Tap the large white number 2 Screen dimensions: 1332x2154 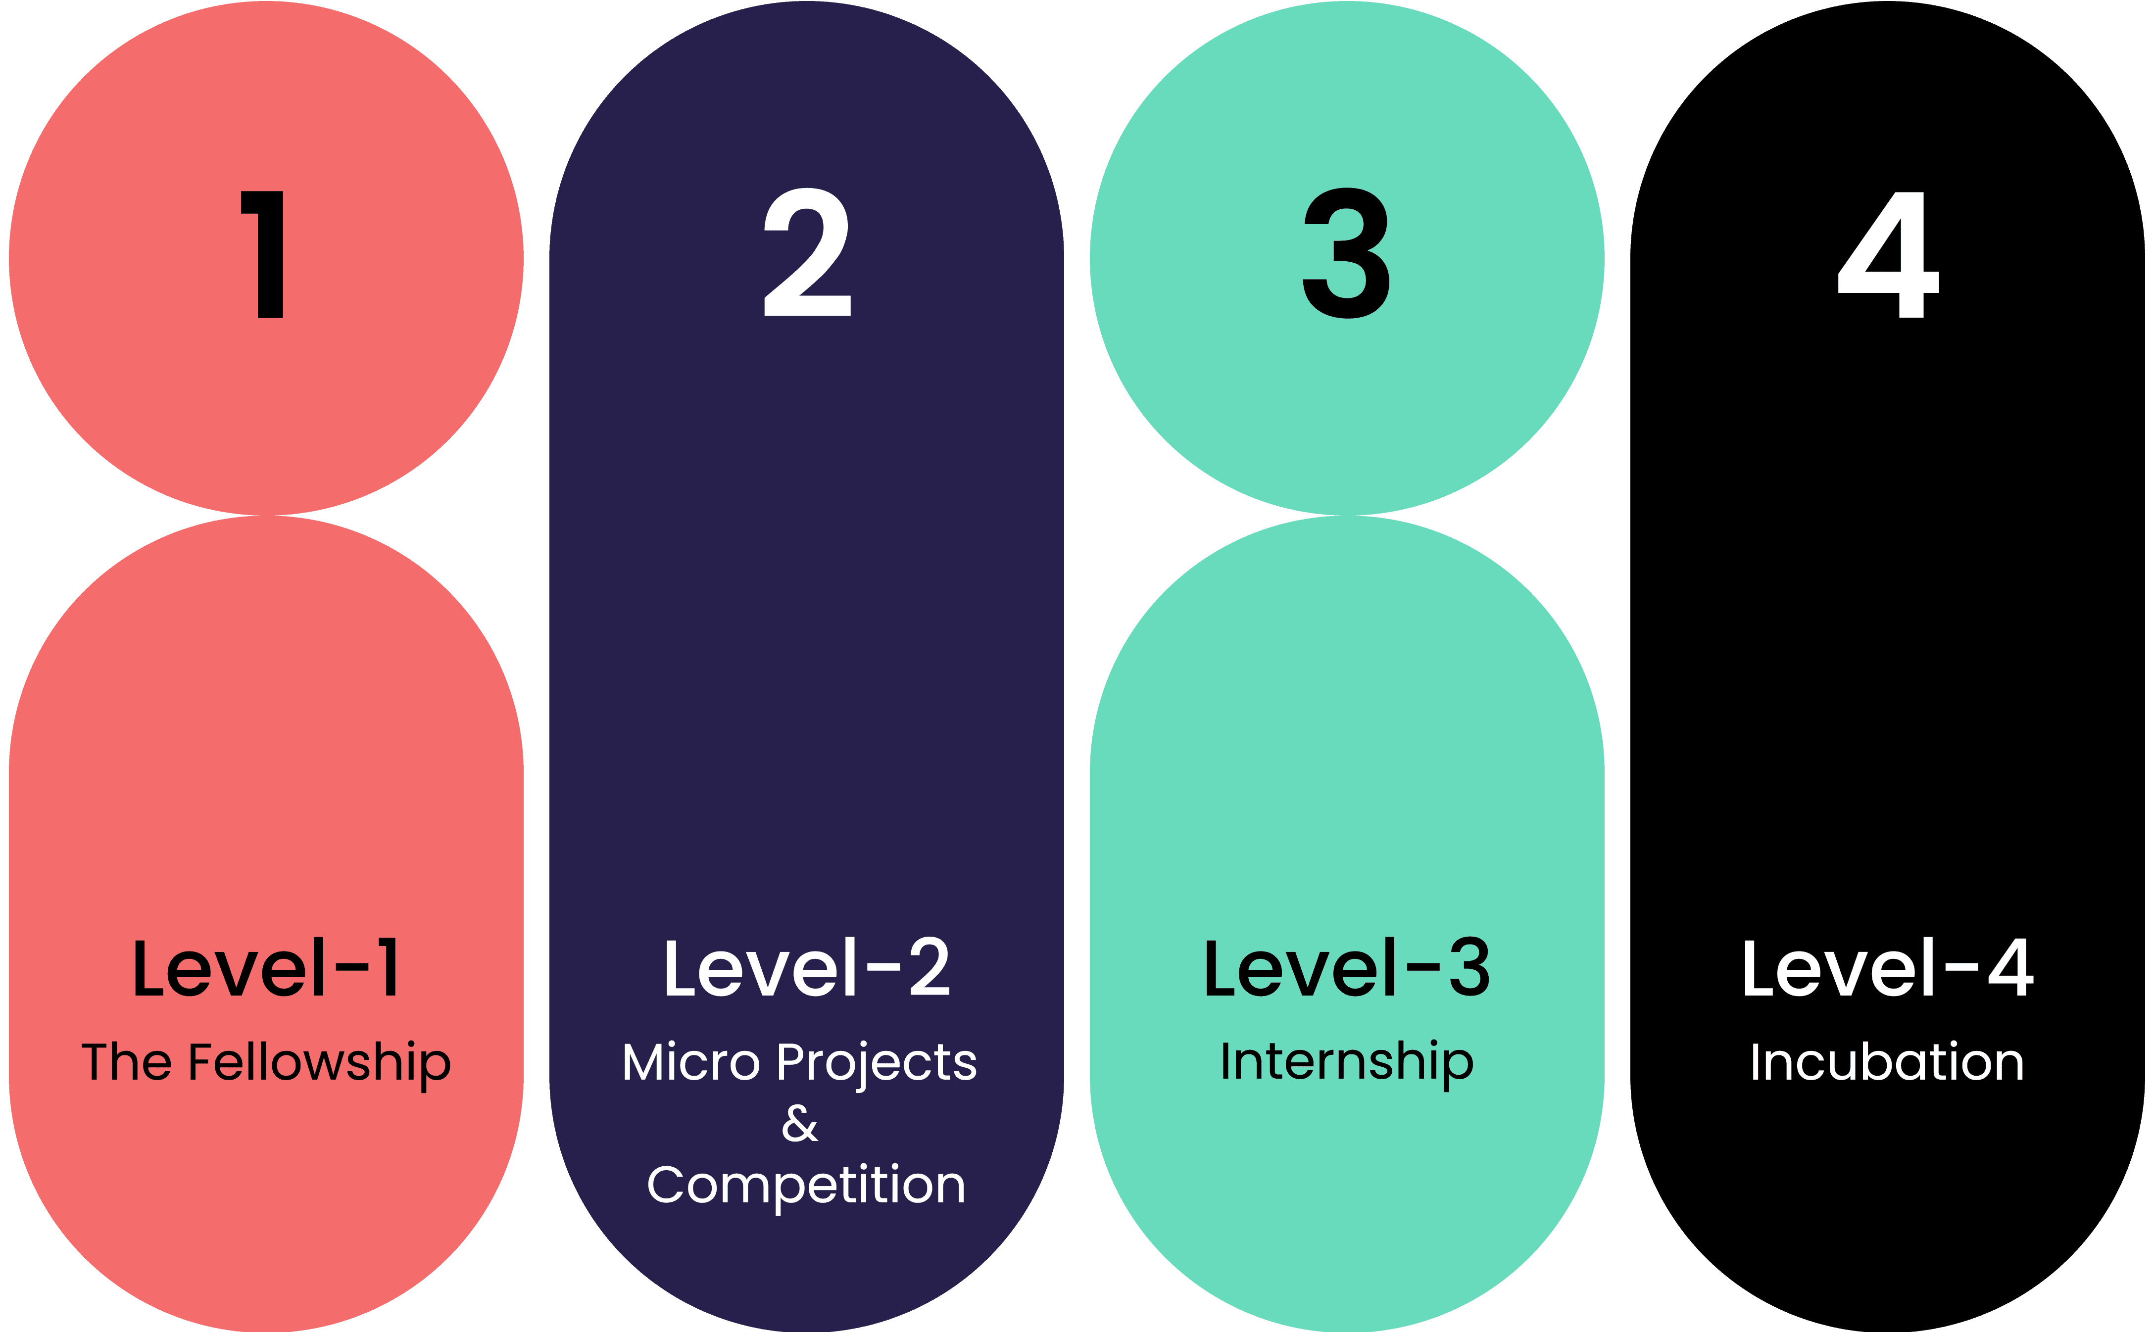click(807, 253)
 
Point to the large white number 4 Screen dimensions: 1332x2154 click(1888, 255)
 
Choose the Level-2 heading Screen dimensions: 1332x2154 click(807, 968)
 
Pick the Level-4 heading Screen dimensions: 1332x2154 click(1887, 968)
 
